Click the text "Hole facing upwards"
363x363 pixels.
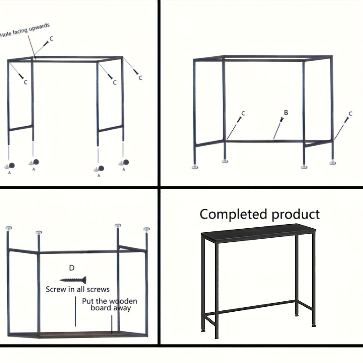coord(25,30)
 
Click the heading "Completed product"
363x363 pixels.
coord(260,214)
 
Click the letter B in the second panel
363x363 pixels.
coord(286,113)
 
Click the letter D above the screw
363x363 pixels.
coord(72,268)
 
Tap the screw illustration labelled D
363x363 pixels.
coord(73,280)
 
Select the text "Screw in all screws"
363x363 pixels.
coord(78,289)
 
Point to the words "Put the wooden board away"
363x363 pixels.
coord(110,304)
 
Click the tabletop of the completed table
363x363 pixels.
coord(258,233)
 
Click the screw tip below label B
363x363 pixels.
coord(274,139)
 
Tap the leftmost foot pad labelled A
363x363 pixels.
coord(10,166)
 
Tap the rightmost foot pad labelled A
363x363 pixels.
coord(124,162)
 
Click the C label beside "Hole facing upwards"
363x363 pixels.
coord(51,39)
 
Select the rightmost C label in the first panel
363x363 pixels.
coord(140,78)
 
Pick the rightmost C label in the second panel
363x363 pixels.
coord(350,114)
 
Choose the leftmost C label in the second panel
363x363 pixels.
coord(243,113)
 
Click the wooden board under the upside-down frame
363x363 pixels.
coord(78,334)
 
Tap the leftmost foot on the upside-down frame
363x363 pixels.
coord(9,228)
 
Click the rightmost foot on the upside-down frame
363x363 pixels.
coord(146,229)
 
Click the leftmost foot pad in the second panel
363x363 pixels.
coord(195,167)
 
